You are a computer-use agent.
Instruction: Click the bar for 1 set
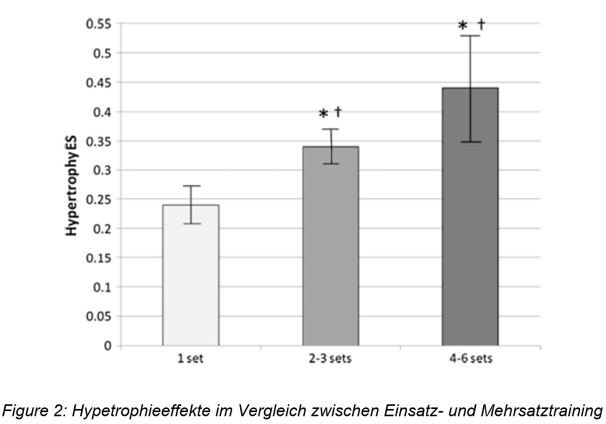click(190, 275)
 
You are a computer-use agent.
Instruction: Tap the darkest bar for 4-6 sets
click(470, 217)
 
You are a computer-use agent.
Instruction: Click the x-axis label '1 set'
click(190, 359)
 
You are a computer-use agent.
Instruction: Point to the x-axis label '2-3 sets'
click(330, 359)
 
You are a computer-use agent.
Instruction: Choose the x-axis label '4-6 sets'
click(470, 359)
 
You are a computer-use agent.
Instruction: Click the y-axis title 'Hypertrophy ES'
click(71, 185)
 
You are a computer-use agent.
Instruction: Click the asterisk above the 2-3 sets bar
click(323, 114)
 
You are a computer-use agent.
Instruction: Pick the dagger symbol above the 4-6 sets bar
click(481, 24)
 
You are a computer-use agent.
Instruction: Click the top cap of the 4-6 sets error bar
click(470, 36)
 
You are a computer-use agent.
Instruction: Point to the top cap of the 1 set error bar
click(191, 186)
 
